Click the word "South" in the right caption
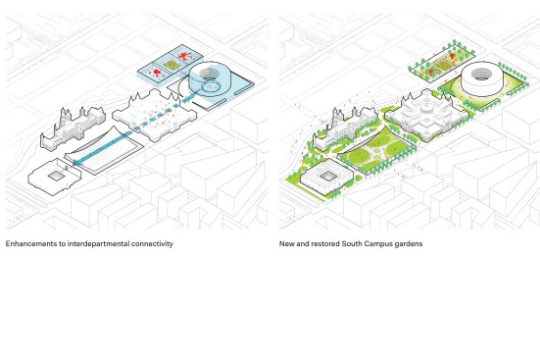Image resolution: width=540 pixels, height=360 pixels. [351, 244]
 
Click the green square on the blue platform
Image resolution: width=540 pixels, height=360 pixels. [170, 65]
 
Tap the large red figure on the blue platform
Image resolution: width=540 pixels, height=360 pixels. [185, 55]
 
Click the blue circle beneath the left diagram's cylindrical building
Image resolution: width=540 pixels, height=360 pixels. [210, 86]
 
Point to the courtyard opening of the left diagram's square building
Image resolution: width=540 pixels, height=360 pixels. [55, 177]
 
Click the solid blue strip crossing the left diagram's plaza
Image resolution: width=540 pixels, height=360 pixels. [102, 146]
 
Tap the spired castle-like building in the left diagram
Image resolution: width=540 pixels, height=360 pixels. [73, 129]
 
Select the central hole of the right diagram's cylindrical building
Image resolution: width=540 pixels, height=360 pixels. [482, 74]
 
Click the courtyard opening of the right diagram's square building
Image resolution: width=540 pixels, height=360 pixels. [327, 177]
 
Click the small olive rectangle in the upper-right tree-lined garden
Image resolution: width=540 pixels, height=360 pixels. [441, 65]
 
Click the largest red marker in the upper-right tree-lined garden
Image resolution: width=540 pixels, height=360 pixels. [452, 56]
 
